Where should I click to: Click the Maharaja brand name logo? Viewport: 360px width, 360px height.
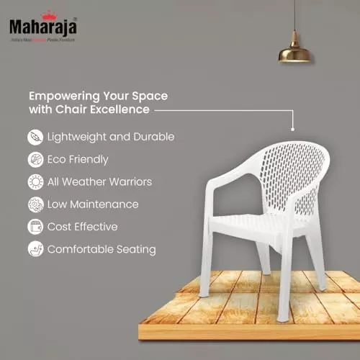[43, 27]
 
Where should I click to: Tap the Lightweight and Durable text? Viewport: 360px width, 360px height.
[111, 136]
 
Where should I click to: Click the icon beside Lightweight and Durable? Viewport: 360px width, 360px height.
[35, 136]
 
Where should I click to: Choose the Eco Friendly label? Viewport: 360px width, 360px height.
[78, 159]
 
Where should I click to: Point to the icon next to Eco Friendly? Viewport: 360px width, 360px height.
[35, 159]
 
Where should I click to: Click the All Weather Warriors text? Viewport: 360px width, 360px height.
[99, 181]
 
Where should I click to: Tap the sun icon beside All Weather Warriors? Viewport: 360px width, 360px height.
[35, 181]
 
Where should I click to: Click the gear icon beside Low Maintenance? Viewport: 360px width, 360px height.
[35, 204]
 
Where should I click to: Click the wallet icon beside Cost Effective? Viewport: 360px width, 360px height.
[35, 227]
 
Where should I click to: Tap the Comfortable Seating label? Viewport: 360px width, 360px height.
[101, 249]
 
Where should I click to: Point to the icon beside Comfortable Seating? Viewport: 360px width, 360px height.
[35, 249]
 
